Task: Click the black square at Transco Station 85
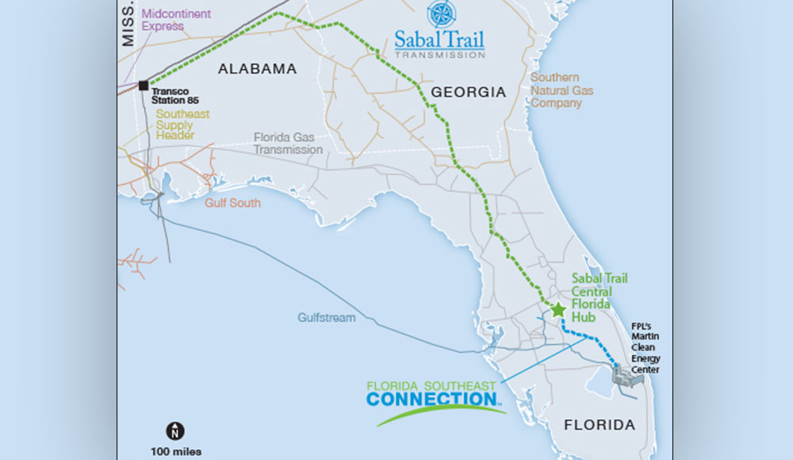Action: pos(144,85)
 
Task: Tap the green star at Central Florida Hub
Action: pos(558,309)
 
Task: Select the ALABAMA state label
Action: pos(257,69)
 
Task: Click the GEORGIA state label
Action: pos(468,92)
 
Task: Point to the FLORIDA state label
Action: pos(600,425)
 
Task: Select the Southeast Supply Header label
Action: pos(182,125)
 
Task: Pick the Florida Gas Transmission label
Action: pos(288,144)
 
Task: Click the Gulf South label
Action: pos(232,203)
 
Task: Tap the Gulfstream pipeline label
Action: pos(327,317)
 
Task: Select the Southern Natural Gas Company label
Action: pos(561,90)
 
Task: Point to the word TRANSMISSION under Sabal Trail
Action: pos(440,56)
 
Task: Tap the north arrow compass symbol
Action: pos(175,431)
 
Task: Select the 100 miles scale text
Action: pos(175,451)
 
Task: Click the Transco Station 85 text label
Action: pos(174,96)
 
